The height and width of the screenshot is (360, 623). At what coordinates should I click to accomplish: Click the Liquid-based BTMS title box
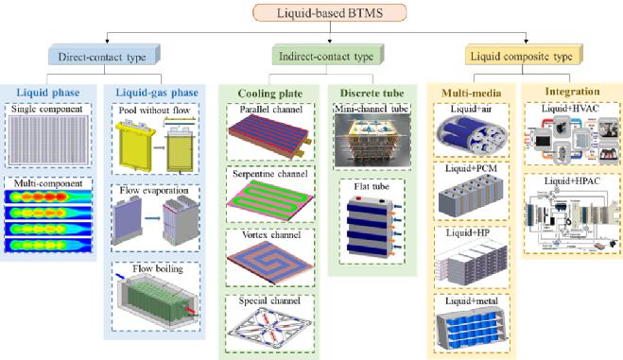pos(330,12)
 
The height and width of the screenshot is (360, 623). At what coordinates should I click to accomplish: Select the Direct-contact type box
pos(105,56)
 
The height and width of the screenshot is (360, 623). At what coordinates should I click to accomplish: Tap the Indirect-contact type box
pos(328,55)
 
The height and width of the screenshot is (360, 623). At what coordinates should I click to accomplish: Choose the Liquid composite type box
pos(524,55)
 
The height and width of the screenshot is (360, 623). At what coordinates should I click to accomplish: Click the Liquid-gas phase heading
pos(157,93)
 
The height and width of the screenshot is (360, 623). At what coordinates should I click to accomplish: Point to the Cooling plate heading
pos(270,94)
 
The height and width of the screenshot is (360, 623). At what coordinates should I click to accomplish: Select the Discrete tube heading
pos(372,93)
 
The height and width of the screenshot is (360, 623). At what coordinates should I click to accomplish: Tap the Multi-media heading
pos(472,94)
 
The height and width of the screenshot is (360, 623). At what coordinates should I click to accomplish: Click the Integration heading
pos(573,92)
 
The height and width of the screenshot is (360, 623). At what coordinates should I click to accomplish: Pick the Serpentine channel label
pos(270,174)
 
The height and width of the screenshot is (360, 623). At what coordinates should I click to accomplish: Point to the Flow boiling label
pos(158,268)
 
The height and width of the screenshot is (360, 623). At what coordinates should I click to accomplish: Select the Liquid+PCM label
pos(471,168)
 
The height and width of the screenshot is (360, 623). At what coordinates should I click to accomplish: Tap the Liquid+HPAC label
pos(572,181)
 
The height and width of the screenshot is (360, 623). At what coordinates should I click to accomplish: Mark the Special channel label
pos(269,300)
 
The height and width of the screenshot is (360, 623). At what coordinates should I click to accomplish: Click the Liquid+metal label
pos(472,300)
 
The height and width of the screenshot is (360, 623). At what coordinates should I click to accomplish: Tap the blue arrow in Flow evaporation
pos(152,218)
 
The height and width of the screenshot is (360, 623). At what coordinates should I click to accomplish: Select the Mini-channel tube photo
pos(372,140)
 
